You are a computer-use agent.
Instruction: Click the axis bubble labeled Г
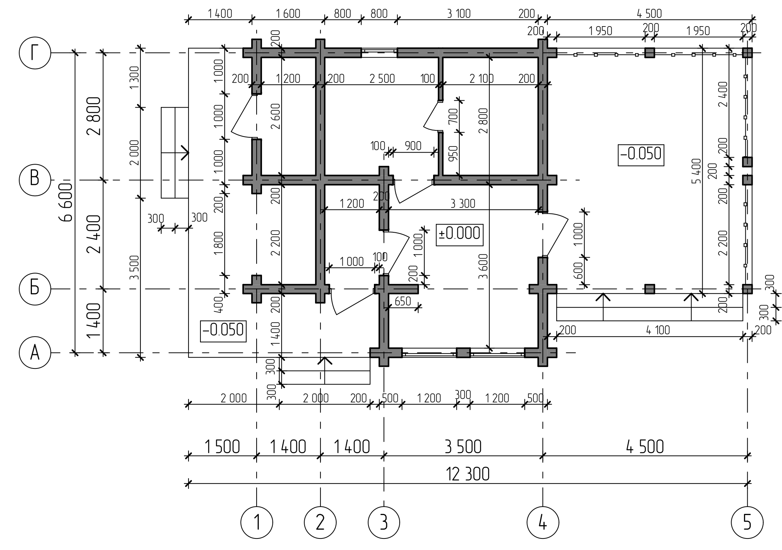click(x=35, y=53)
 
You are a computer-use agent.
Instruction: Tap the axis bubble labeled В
click(x=35, y=180)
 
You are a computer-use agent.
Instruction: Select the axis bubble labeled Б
click(x=35, y=288)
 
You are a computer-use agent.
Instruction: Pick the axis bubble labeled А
click(x=35, y=353)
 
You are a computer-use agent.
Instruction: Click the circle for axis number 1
click(x=257, y=522)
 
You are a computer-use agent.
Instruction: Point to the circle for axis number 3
click(x=383, y=522)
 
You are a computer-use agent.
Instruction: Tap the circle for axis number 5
click(x=747, y=522)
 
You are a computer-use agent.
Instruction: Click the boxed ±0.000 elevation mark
click(x=459, y=233)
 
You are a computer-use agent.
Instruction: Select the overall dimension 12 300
click(x=468, y=474)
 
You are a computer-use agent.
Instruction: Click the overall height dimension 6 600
click(x=67, y=202)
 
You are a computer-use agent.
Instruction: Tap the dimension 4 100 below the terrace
click(x=658, y=330)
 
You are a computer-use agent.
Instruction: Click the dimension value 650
click(x=403, y=301)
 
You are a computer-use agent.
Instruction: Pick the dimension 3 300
click(x=463, y=203)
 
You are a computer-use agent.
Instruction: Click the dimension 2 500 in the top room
click(x=382, y=78)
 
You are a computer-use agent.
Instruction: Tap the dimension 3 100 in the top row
click(x=459, y=14)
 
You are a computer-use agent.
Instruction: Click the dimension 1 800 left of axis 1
click(x=218, y=243)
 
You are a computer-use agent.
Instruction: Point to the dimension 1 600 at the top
click(x=288, y=14)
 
